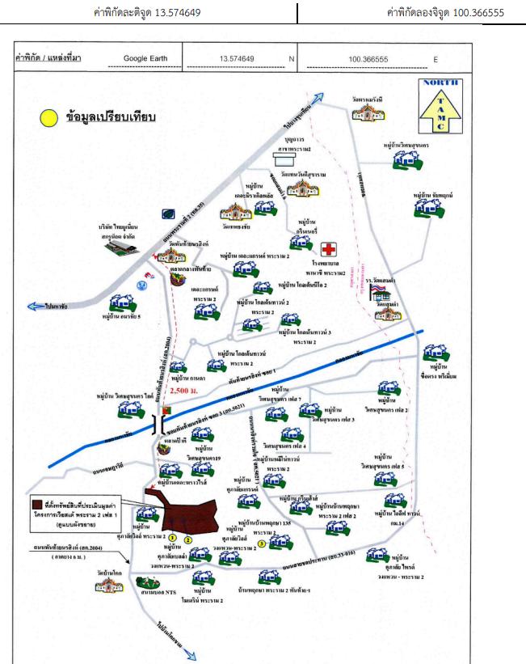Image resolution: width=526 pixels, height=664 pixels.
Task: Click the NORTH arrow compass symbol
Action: tap(440, 105)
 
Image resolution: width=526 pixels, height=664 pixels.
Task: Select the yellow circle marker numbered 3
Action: tap(262, 543)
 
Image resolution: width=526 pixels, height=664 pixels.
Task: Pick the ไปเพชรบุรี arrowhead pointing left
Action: tap(33, 306)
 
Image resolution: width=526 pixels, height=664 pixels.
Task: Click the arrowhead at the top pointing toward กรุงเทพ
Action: tap(320, 98)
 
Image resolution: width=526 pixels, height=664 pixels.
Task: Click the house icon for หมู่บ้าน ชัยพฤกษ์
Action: tap(426, 209)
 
